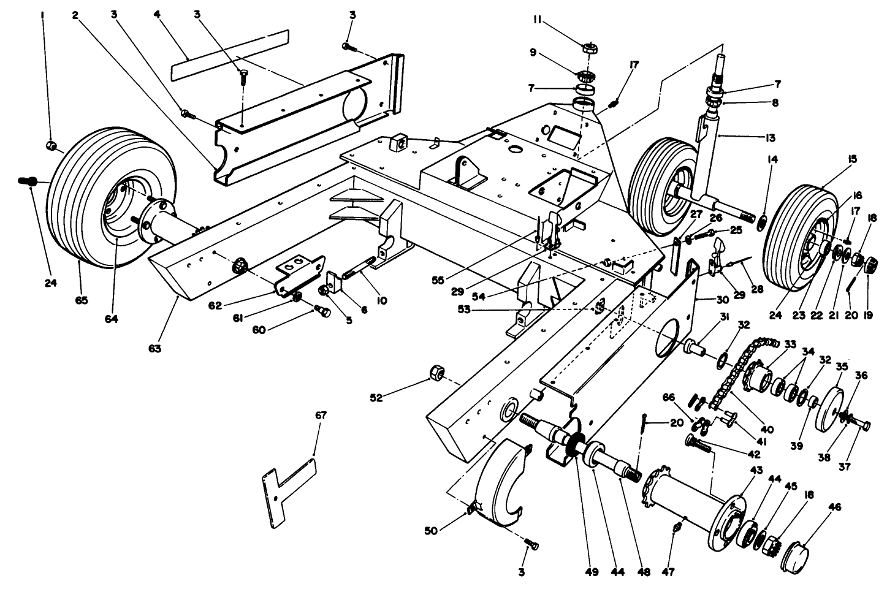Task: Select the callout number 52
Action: (x=376, y=398)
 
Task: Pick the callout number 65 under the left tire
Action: (x=82, y=300)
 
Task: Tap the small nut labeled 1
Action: (x=52, y=145)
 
